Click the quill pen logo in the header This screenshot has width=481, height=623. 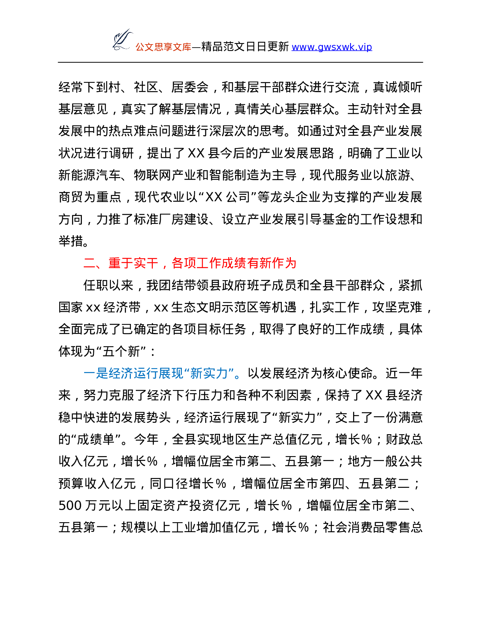121,39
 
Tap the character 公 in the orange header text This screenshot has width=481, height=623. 140,47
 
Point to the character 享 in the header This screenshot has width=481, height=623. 168,47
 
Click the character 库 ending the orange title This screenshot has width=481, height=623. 187,47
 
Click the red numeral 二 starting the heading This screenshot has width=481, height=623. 89,263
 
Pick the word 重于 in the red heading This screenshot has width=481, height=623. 121,263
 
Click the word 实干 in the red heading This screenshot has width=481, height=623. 146,263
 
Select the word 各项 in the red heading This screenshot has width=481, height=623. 184,263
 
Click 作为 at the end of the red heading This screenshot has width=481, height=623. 284,263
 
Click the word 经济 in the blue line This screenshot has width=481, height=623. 121,373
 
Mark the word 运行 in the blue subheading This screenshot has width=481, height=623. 146,373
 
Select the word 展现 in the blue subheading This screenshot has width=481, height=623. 171,373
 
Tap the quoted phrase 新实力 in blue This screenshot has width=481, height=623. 209,373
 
